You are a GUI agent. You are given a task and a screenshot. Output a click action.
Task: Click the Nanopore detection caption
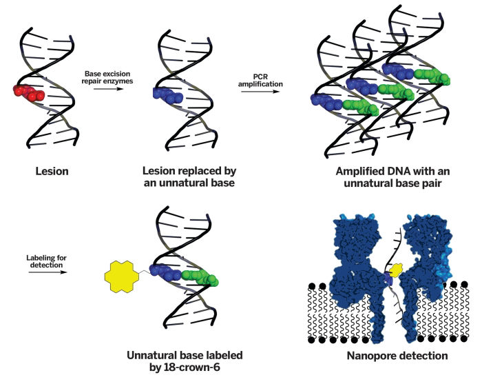click(x=390, y=356)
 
